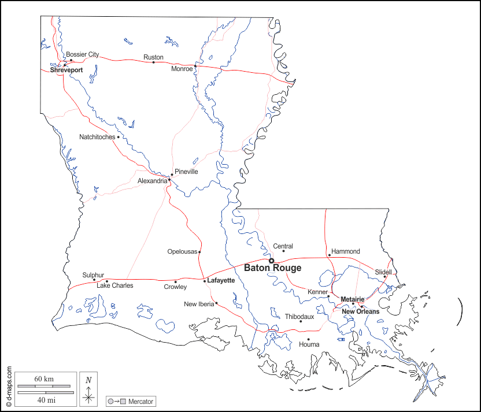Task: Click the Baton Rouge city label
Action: pos(272,268)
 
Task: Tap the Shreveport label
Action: pos(66,70)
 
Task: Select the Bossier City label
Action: pos(82,54)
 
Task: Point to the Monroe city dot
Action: pos(195,66)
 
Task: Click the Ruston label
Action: pos(153,57)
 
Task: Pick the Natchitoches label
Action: pos(97,137)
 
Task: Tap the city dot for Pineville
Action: pos(172,175)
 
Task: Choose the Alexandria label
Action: pos(152,181)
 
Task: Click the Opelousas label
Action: pos(182,251)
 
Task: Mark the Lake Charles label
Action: pos(114,285)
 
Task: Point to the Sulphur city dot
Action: pos(94,280)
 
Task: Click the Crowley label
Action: pos(175,287)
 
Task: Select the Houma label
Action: pos(309,344)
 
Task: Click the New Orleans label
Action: pos(360,311)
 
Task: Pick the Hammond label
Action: pos(345,251)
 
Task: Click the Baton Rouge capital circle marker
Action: pos(271,261)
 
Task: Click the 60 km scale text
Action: pos(44,378)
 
